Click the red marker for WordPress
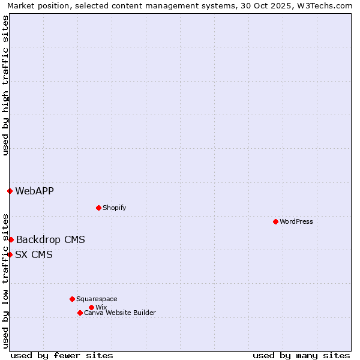pos(275,221)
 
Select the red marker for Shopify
pos(98,208)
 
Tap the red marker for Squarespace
pos(72,299)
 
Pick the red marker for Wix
pos(91,307)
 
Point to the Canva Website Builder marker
pos(80,313)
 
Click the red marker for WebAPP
pos(10,191)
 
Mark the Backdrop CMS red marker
pos(11,239)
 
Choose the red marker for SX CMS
pos(10,254)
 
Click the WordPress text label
pos(296,221)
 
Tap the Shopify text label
pos(114,208)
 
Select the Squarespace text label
pos(97,299)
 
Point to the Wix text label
pos(101,307)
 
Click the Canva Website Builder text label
pos(119,313)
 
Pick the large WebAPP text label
pos(34,191)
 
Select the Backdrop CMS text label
pos(50,239)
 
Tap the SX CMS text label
pos(34,254)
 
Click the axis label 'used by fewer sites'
pos(62,355)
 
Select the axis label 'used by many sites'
pos(301,355)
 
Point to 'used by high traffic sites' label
pos(5,85)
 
